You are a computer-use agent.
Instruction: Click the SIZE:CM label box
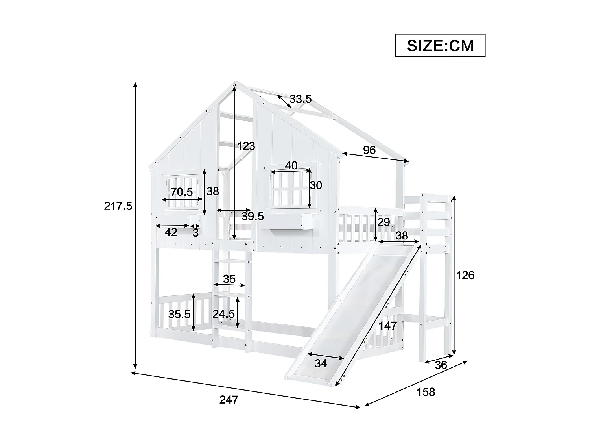click(440, 46)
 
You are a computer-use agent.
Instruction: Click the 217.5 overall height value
click(118, 206)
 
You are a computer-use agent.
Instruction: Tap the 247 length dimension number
click(229, 400)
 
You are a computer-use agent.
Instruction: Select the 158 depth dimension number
click(426, 392)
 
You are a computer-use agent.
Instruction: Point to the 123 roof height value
click(246, 146)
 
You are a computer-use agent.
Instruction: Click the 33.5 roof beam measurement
click(301, 99)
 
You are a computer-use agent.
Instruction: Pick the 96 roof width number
click(369, 150)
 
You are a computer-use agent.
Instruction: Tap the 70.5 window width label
click(182, 192)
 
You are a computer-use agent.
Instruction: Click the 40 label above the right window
click(291, 165)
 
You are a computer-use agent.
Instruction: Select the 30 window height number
click(316, 185)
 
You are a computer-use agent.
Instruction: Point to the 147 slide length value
click(388, 326)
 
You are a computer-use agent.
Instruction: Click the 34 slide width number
click(321, 363)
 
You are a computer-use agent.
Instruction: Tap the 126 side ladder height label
click(466, 275)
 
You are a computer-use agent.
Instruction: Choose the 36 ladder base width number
click(441, 365)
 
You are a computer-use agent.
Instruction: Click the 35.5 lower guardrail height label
click(179, 314)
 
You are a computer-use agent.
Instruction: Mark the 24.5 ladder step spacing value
click(223, 314)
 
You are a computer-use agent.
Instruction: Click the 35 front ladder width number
click(229, 279)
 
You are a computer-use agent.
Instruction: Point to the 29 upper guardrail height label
click(383, 222)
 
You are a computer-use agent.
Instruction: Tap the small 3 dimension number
click(195, 232)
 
